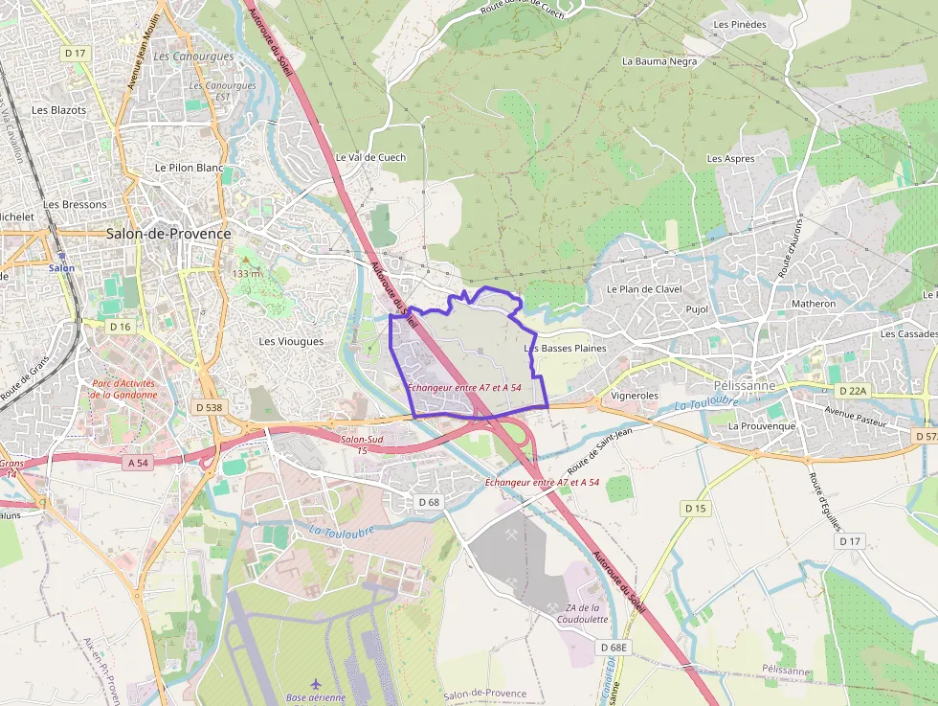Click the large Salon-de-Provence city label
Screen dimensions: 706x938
[x=168, y=234]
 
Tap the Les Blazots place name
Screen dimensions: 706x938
[x=58, y=110]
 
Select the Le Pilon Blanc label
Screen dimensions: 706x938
[x=189, y=168]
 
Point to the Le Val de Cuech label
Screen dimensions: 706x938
[x=370, y=157]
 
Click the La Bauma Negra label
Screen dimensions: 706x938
[x=659, y=60]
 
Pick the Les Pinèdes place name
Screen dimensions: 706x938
[x=740, y=24]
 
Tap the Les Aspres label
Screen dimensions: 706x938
[x=730, y=158]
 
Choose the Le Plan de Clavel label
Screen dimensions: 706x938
[x=644, y=289]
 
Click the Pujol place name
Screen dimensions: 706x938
[x=697, y=309]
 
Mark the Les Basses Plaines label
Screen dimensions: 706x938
[x=566, y=349]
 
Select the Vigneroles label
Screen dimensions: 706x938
[x=635, y=395]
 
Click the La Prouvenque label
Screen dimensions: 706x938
[x=761, y=425]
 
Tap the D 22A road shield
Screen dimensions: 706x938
[x=851, y=391]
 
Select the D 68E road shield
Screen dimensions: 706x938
[x=614, y=648]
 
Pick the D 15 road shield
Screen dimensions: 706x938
[x=695, y=508]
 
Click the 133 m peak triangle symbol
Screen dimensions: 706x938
[x=245, y=258]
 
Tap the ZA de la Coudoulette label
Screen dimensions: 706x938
[x=582, y=613]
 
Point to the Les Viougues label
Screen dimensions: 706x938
[x=291, y=341]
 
